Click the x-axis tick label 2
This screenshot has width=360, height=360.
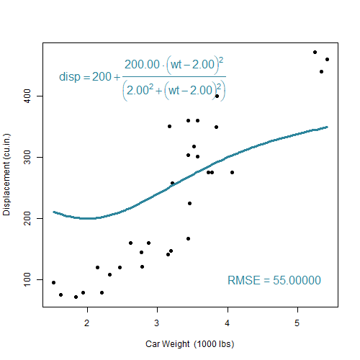click(86, 323)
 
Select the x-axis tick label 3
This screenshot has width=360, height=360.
click(157, 323)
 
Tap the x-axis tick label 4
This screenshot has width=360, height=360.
click(227, 323)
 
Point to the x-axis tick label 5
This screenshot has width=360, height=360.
click(297, 323)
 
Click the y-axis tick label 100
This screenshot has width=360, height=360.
click(27, 279)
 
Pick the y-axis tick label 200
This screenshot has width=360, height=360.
click(27, 218)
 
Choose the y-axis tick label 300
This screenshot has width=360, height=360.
click(27, 157)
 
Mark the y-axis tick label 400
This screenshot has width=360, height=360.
click(27, 96)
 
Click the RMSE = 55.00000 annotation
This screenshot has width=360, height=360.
click(274, 280)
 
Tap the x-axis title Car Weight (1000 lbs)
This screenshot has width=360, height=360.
click(189, 344)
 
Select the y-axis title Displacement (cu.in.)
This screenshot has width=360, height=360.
click(6, 175)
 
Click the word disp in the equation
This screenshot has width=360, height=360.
click(70, 77)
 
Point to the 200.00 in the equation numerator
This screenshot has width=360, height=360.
click(142, 64)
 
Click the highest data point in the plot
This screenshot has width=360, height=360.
click(315, 52)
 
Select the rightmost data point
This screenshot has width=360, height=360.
click(327, 59)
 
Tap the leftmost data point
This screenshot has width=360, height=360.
click(53, 282)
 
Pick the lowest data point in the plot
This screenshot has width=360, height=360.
click(76, 297)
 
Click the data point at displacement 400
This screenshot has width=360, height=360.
click(217, 96)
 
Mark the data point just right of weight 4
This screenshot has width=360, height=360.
click(232, 172)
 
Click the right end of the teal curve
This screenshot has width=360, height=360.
click(328, 127)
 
